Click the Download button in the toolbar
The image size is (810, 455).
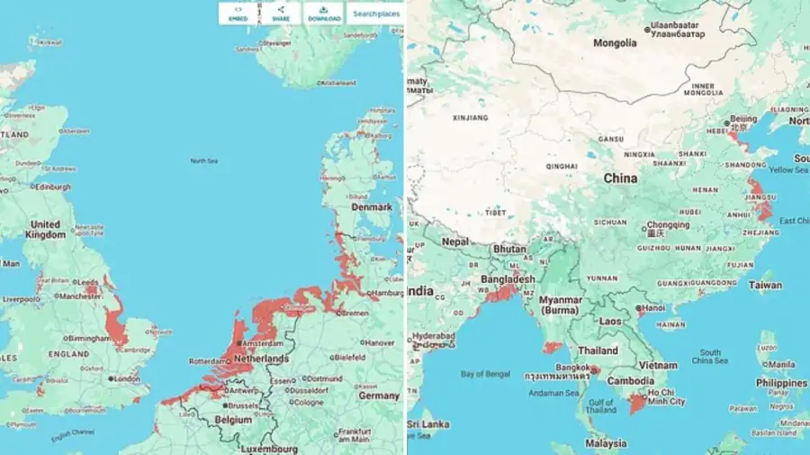(x=324, y=13)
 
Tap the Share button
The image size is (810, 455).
(x=280, y=13)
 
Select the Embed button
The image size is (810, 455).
(x=238, y=13)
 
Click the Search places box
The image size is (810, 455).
(x=376, y=14)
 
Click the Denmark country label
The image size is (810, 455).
(x=372, y=206)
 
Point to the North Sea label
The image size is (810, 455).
(x=203, y=161)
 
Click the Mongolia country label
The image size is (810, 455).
(x=616, y=42)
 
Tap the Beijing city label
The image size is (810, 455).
(x=743, y=119)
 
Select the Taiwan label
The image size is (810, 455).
(x=766, y=285)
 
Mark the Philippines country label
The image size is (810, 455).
(x=781, y=383)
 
